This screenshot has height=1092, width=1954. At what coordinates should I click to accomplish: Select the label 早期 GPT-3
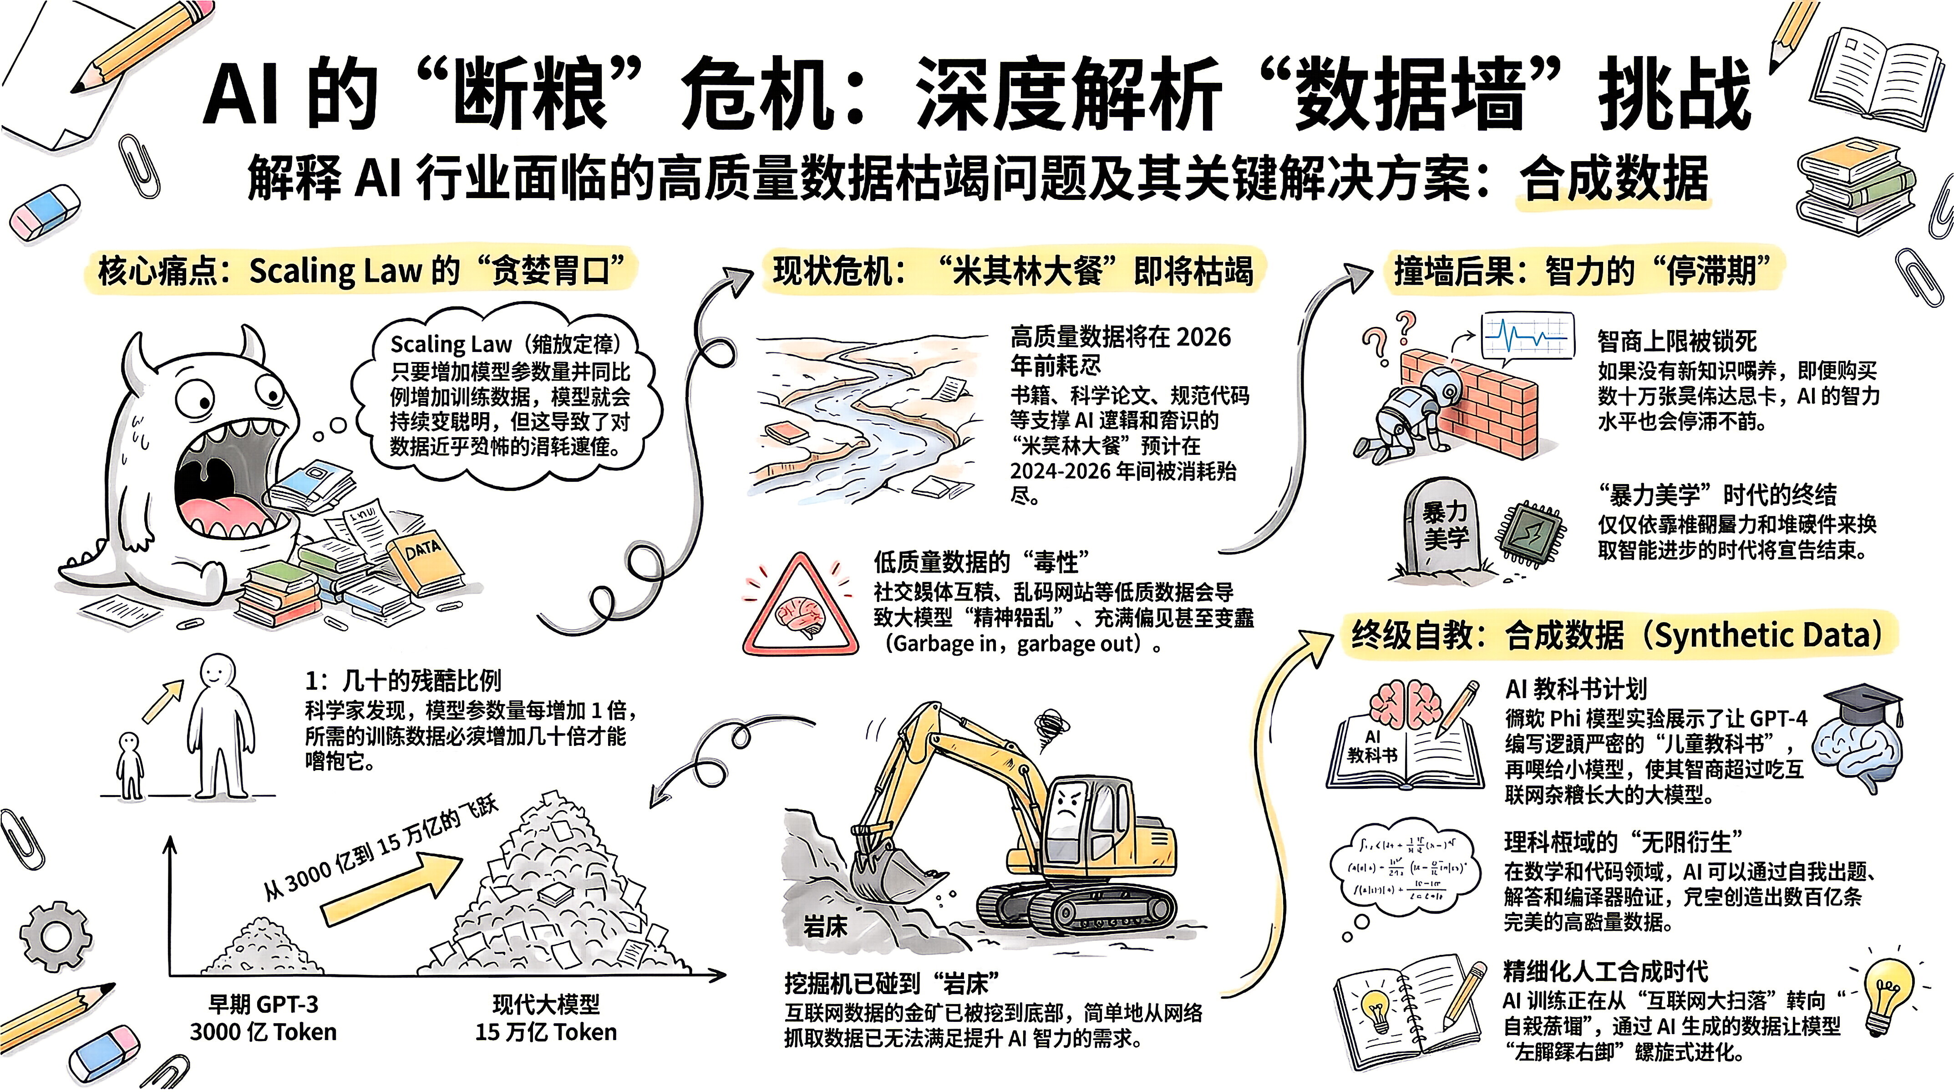[263, 1004]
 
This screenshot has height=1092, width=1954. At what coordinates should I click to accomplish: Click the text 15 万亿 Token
[546, 1032]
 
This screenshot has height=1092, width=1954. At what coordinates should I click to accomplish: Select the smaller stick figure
[131, 763]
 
